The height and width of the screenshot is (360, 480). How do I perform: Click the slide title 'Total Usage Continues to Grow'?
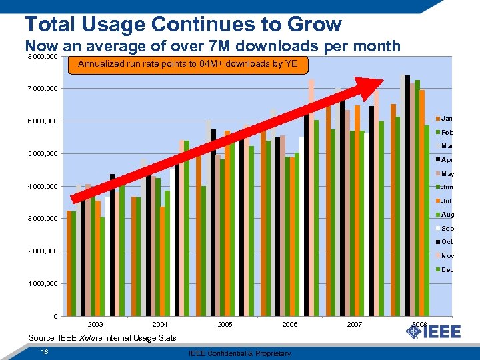point(183,24)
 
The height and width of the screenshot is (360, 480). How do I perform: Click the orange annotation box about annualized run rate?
point(192,65)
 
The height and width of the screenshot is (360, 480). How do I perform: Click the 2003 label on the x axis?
point(95,324)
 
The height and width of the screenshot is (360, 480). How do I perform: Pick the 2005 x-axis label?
point(225,324)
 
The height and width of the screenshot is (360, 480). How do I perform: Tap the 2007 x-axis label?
point(355,324)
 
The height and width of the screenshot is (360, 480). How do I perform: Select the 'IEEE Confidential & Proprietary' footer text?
point(239,353)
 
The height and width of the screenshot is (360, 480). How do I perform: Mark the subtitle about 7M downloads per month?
point(213,46)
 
